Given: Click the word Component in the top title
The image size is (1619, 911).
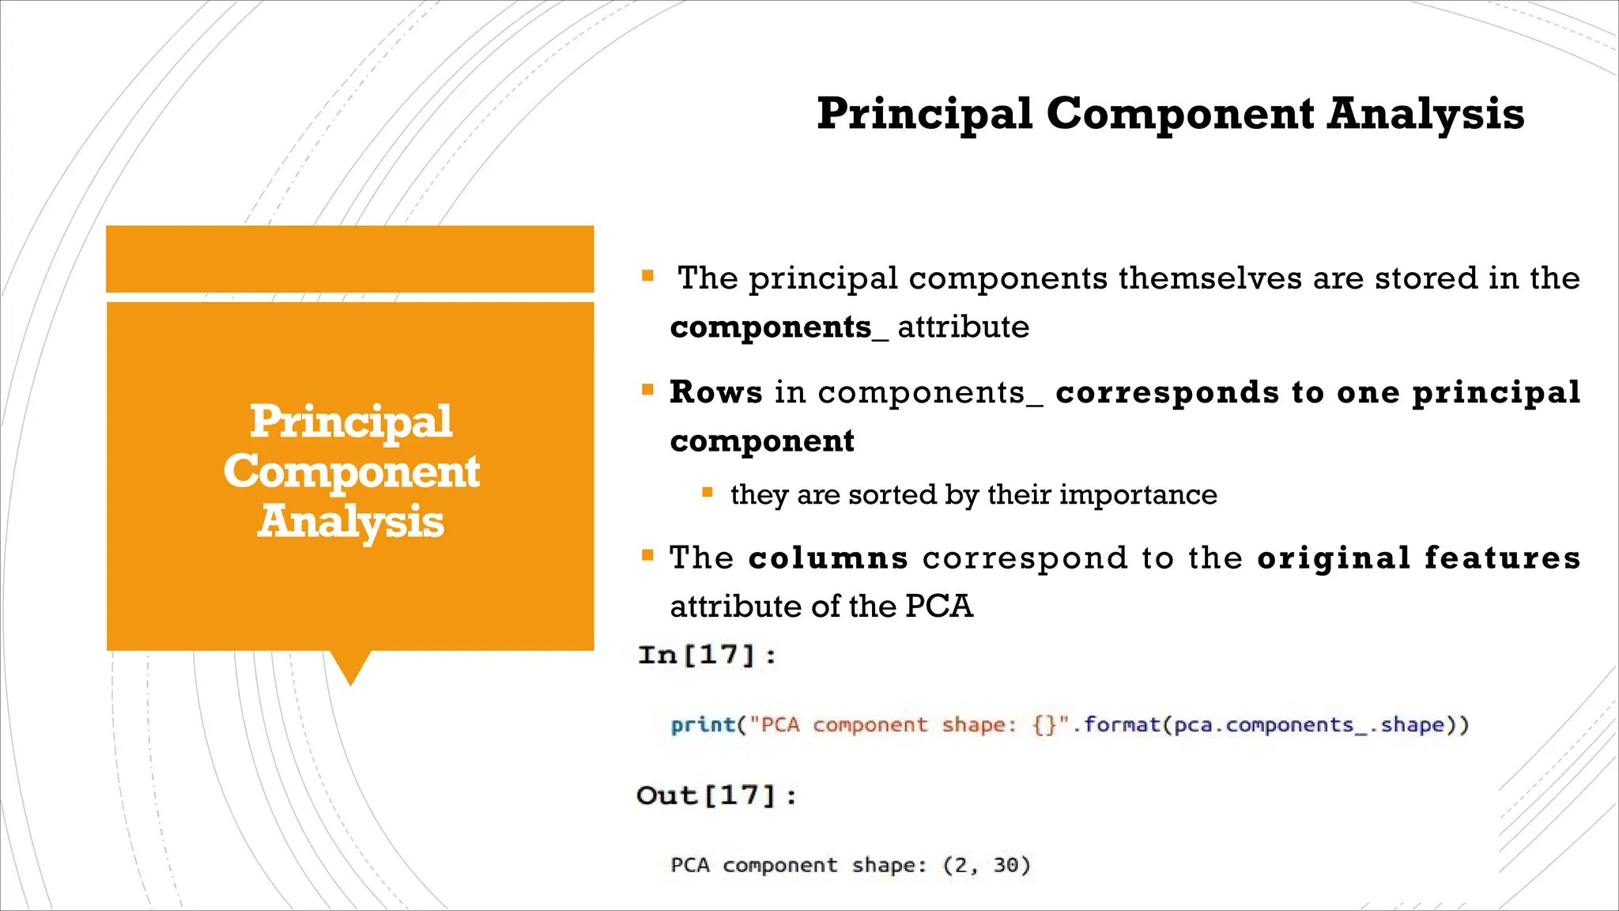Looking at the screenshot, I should [1180, 114].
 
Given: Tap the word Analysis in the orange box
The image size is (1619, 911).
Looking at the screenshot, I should [350, 522].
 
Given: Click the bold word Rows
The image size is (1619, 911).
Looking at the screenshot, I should [715, 392].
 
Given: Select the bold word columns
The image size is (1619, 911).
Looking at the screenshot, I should [828, 558].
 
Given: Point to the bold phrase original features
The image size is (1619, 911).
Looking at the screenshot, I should [1418, 558].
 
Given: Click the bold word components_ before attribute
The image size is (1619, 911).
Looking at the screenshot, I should [778, 327].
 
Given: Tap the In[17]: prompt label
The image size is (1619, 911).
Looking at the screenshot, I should [707, 655].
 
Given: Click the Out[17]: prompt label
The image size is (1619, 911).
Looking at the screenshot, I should [716, 795].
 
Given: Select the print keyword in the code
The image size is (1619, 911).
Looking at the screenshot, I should [703, 725].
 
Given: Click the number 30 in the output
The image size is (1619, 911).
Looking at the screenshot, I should [1006, 865].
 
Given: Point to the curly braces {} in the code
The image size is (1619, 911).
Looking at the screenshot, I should [1044, 725].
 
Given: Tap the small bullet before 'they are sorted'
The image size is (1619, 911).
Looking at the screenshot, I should [708, 493].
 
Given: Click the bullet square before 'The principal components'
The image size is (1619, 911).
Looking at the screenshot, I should [647, 276].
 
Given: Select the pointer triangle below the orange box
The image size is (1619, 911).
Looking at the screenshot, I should [349, 666].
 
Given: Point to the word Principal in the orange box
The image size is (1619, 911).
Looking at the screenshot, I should [350, 421].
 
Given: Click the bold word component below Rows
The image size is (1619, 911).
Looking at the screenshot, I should [762, 441].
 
